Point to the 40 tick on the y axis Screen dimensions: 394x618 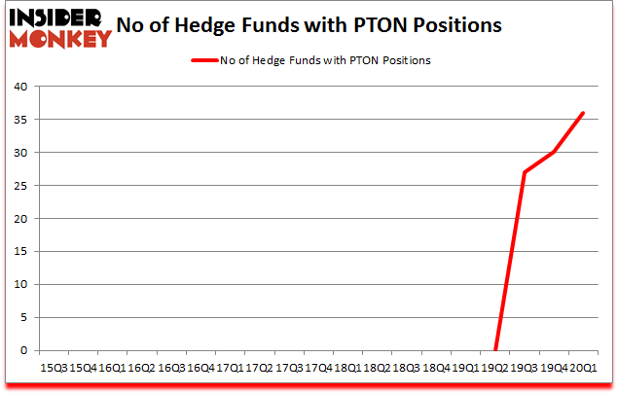click(19, 87)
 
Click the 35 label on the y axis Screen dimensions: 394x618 click(19, 120)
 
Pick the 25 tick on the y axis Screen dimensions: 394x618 click(19, 186)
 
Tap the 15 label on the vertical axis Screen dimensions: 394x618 click(19, 252)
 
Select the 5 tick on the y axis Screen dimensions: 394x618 click(22, 318)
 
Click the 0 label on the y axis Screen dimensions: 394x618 click(22, 351)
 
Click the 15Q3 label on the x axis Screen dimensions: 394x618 click(54, 369)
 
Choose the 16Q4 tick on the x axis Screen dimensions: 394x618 click(200, 369)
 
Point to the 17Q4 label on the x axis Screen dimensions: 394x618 click(317, 369)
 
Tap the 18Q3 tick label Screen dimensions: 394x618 click(406, 369)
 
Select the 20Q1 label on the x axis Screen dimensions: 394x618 click(582, 369)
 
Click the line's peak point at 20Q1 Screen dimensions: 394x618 click(583, 113)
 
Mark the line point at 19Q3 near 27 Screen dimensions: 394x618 click(525, 172)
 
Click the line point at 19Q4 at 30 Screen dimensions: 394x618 click(554, 153)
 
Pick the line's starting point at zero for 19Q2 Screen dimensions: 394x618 click(495, 350)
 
